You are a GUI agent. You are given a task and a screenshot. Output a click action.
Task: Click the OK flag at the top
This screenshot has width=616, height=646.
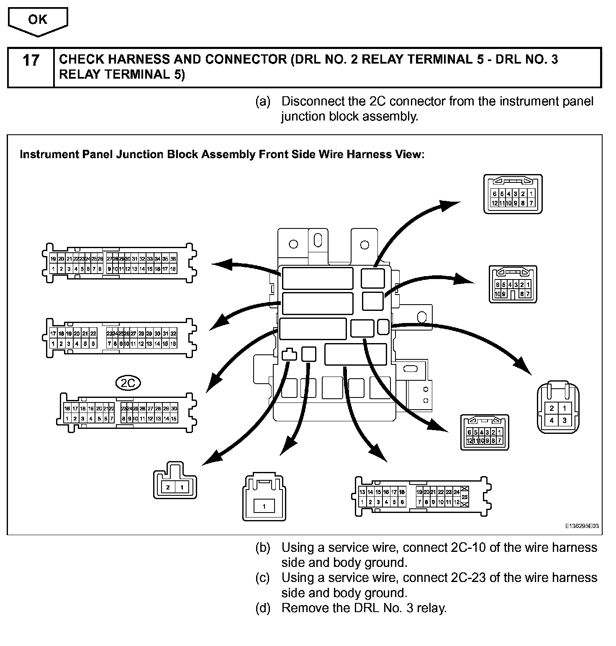[38, 20]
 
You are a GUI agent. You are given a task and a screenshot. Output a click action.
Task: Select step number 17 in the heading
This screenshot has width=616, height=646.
[31, 61]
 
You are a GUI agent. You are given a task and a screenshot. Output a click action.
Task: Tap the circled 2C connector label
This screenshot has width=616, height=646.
[128, 382]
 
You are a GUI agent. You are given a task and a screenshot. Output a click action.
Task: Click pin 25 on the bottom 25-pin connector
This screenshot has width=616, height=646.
[465, 497]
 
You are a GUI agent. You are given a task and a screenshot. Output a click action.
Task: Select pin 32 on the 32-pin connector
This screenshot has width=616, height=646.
[173, 333]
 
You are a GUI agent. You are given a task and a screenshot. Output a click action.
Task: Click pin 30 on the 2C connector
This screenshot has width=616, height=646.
[174, 408]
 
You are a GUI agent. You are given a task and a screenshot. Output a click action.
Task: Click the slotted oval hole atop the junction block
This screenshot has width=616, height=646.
[318, 241]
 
